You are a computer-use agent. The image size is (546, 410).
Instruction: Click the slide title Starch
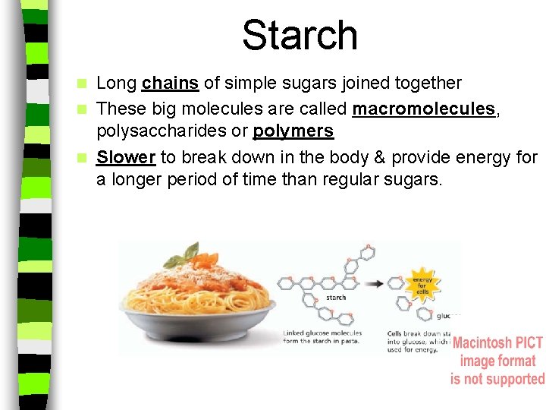click(300, 36)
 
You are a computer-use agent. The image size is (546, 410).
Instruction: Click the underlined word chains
click(170, 82)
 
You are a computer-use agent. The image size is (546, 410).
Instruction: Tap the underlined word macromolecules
click(424, 109)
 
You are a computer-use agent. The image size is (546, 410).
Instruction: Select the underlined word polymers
click(293, 131)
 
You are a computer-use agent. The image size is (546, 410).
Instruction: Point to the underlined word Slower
click(126, 158)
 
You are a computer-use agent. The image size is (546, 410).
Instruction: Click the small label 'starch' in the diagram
click(336, 298)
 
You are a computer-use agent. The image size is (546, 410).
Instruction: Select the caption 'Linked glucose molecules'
click(322, 333)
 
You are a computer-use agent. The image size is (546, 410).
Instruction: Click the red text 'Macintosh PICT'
click(497, 343)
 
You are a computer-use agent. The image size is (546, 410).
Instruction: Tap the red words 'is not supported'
click(497, 378)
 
